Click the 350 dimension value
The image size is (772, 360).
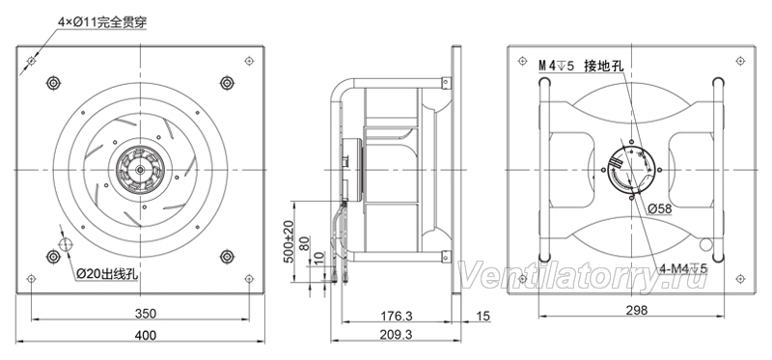click(x=146, y=314)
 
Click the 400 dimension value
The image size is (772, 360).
click(x=146, y=335)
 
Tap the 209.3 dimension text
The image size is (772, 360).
click(x=396, y=335)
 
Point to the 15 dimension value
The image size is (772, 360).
click(x=484, y=316)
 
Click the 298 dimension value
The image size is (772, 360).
click(x=637, y=310)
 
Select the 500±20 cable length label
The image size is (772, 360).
click(x=289, y=242)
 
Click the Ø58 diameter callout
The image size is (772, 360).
click(x=660, y=208)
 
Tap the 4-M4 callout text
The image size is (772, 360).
click(x=683, y=268)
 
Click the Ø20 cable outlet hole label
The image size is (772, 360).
click(x=107, y=274)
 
